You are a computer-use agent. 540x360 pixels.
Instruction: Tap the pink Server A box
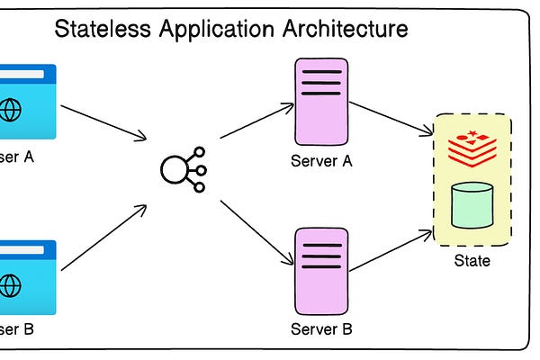coord(321,100)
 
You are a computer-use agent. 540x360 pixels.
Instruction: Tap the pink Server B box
coord(321,267)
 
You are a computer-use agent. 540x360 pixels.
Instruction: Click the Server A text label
coord(321,161)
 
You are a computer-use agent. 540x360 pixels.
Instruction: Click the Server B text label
coord(321,328)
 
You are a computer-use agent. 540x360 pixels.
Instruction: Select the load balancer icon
coord(184,169)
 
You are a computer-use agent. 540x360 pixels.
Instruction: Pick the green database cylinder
coord(472,204)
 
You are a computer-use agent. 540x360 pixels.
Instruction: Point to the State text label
coord(472,261)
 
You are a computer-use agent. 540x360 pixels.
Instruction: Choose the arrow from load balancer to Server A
coord(256,121)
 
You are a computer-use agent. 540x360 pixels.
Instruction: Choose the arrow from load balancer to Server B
coord(256,232)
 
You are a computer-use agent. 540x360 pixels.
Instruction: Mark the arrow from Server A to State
coord(391,119)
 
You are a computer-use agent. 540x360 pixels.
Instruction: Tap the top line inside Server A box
coord(321,71)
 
